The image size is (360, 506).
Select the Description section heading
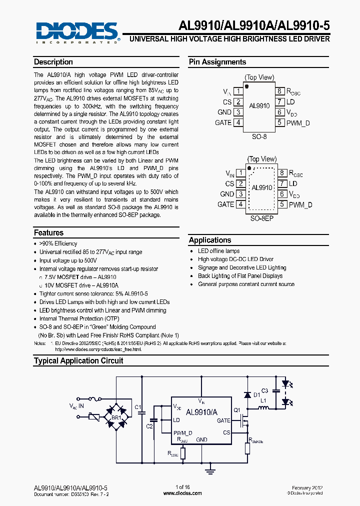pyautogui.click(x=53, y=62)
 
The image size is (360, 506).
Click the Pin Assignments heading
pyautogui.click(x=217, y=62)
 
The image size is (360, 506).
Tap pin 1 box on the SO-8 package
pyautogui.click(x=239, y=91)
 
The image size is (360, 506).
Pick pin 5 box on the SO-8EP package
pyautogui.click(x=281, y=204)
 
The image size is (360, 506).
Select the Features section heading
pyautogui.click(x=49, y=232)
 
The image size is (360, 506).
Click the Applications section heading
pyautogui.click(x=210, y=240)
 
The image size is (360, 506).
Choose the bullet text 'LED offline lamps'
pyautogui.click(x=218, y=251)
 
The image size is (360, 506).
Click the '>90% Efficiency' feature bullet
pyautogui.click(x=58, y=243)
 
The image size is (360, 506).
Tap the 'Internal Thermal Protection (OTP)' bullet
pyautogui.click(x=79, y=318)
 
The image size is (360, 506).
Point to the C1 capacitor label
pyautogui.click(x=138, y=406)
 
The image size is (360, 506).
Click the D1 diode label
pyautogui.click(x=256, y=395)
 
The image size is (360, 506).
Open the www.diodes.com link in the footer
pyautogui.click(x=182, y=493)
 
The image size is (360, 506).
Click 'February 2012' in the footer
pyautogui.click(x=307, y=487)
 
